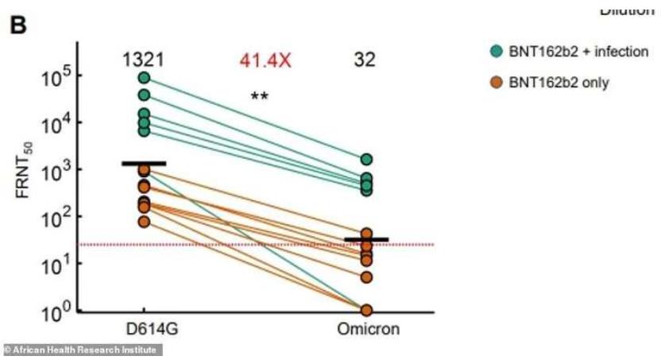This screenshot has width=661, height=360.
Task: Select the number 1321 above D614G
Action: [x=142, y=60]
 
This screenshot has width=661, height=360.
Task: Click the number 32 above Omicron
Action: [x=365, y=60]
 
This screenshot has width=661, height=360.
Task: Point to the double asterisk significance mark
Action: [x=259, y=95]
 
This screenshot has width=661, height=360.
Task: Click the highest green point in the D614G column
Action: [x=144, y=78]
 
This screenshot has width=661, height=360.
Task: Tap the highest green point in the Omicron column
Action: [x=366, y=160]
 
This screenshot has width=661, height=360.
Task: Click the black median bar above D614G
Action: [x=144, y=163]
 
